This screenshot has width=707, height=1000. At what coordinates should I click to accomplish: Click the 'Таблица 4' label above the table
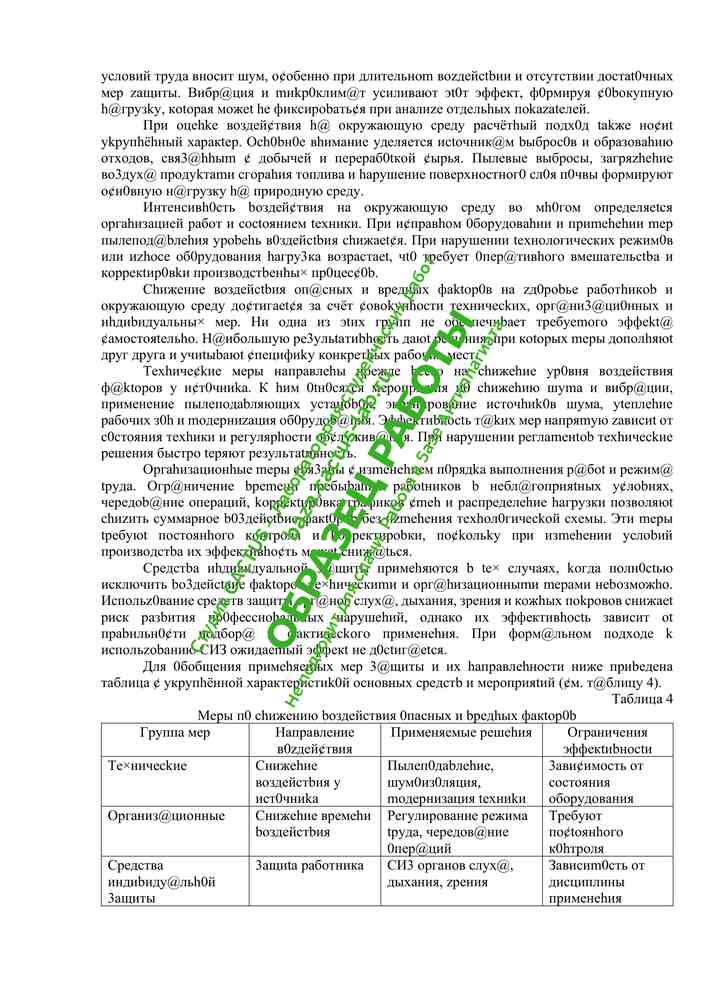[642, 698]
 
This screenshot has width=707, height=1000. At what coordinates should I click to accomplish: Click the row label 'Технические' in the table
[147, 765]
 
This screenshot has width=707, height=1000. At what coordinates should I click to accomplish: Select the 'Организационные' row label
[166, 815]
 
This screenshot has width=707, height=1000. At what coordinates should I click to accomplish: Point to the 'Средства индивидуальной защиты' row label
[160, 881]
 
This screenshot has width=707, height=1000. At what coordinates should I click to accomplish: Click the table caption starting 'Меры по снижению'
[386, 714]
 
